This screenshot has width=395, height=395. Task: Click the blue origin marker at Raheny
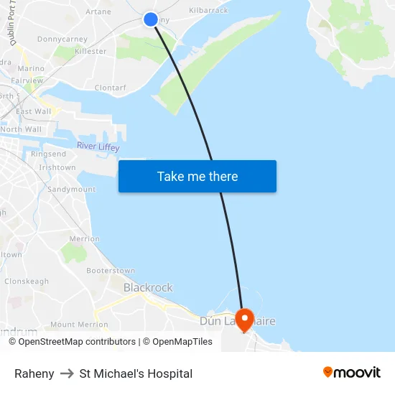click(151, 19)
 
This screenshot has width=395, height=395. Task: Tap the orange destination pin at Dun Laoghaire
click(245, 319)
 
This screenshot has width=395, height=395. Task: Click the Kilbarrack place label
click(208, 11)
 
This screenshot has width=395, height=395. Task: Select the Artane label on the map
click(98, 11)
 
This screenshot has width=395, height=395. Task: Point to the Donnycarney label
click(62, 39)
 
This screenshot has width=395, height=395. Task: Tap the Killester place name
click(90, 52)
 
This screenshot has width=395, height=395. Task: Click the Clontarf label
click(111, 88)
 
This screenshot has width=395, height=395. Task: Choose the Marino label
click(30, 69)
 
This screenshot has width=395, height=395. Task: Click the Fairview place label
click(27, 81)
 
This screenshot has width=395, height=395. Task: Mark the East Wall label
click(34, 111)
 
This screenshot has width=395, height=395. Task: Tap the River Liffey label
click(98, 147)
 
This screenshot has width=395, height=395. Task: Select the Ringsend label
click(49, 154)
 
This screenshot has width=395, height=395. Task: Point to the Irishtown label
click(57, 167)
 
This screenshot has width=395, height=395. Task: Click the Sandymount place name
click(71, 189)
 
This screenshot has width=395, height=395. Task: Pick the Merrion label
click(85, 238)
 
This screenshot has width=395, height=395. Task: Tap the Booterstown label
click(111, 271)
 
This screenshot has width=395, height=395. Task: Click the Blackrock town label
click(148, 288)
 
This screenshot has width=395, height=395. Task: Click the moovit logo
click(352, 373)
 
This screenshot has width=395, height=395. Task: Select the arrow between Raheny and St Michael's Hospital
click(67, 373)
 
